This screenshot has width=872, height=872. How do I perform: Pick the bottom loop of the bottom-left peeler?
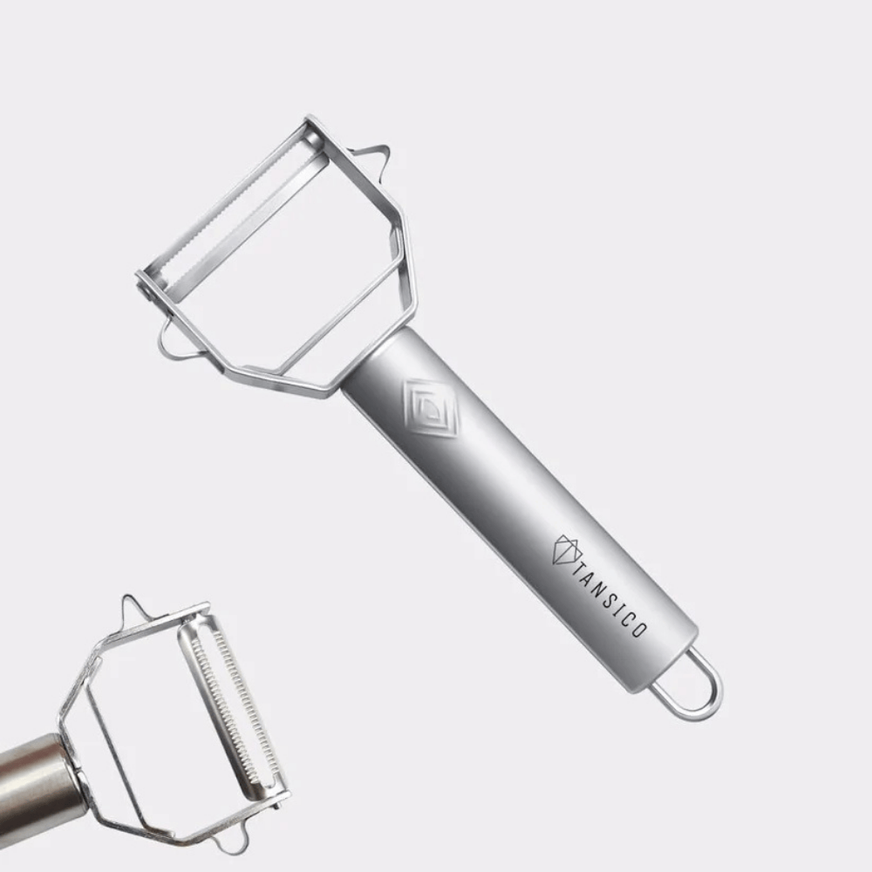click(x=228, y=841)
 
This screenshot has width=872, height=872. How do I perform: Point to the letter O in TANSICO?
click(x=638, y=630)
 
